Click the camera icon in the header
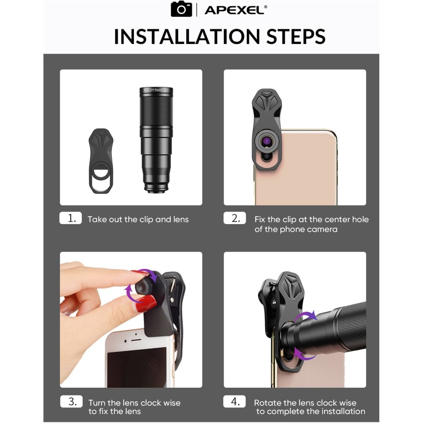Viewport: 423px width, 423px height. pyautogui.click(x=181, y=9)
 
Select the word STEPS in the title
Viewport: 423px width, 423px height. pyautogui.click(x=296, y=36)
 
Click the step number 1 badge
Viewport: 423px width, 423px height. pyautogui.click(x=70, y=218)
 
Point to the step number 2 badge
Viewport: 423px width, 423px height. pyautogui.click(x=235, y=218)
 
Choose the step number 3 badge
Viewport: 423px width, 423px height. pyautogui.click(x=71, y=401)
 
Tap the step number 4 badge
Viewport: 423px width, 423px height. pyautogui.click(x=234, y=401)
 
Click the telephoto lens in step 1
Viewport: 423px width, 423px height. pyautogui.click(x=156, y=140)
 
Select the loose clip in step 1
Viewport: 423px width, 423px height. pyautogui.click(x=101, y=161)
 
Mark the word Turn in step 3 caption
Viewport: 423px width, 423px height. pyautogui.click(x=97, y=403)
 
